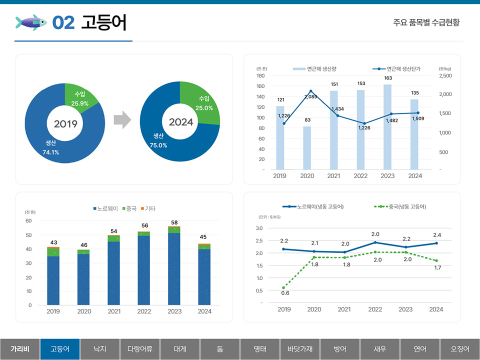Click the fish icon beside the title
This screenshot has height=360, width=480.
[31, 22]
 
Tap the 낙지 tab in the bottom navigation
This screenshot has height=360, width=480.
[100, 349]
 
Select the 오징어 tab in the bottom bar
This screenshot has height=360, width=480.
[460, 349]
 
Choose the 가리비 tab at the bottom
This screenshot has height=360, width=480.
[20, 349]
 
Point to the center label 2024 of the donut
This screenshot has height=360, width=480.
[180, 122]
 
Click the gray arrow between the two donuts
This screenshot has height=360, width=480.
[122, 120]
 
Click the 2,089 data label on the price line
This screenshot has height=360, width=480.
[311, 96]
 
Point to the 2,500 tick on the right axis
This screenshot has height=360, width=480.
[445, 76]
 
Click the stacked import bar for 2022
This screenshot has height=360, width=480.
[144, 268]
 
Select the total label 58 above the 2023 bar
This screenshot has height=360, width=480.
[174, 222]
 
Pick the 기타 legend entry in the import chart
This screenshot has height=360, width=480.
[150, 208]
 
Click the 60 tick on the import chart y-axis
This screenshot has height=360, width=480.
[28, 221]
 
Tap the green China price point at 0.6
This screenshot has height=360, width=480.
[283, 287]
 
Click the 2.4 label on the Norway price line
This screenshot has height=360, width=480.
[437, 235]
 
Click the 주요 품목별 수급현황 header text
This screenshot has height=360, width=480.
[426, 22]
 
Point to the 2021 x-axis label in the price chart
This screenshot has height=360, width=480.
[344, 309]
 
